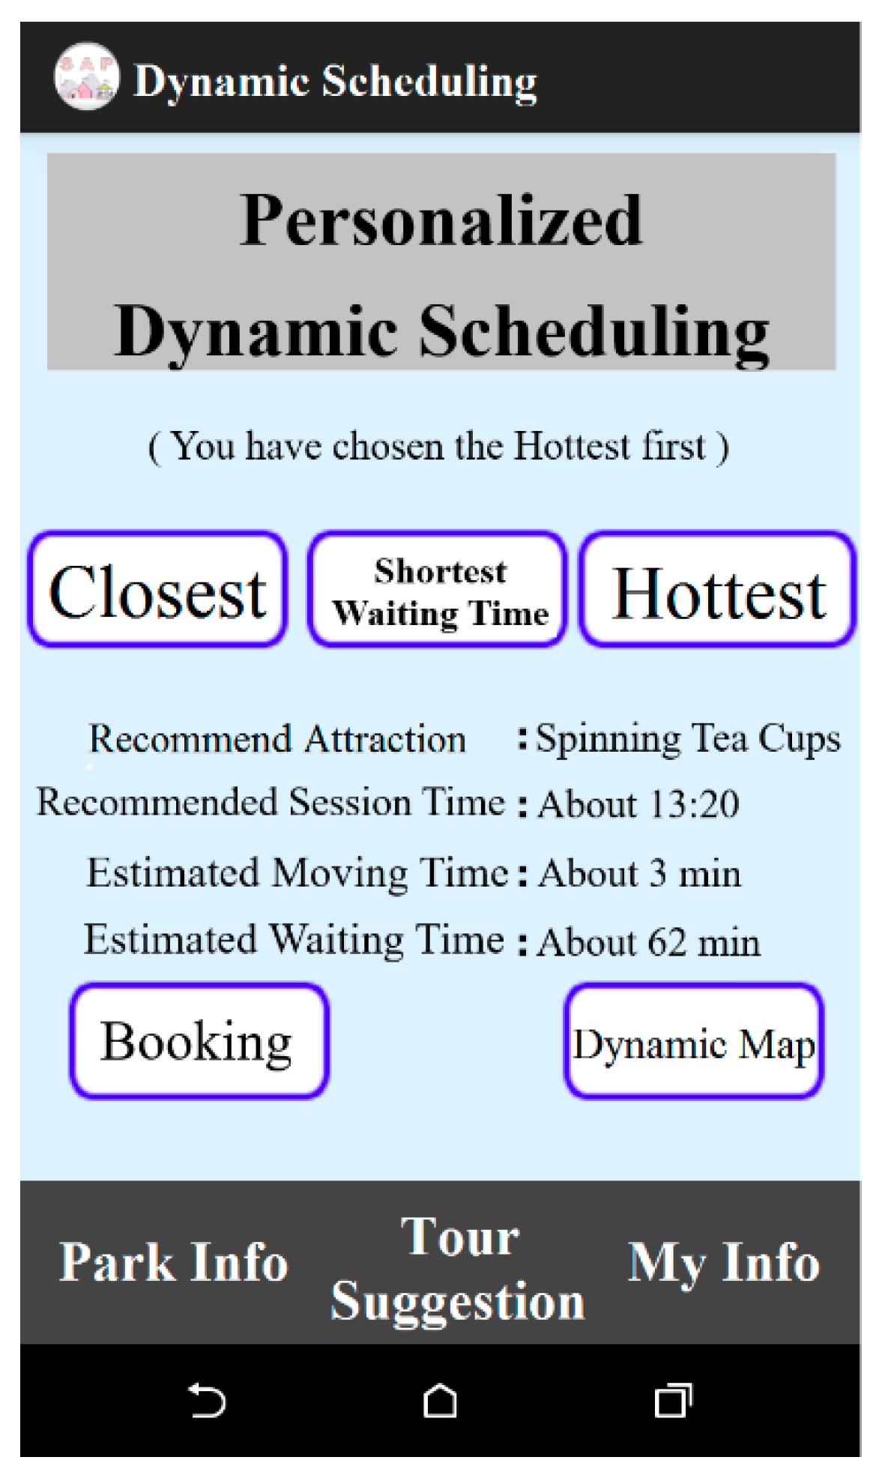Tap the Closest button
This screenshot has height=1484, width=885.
pyautogui.click(x=157, y=589)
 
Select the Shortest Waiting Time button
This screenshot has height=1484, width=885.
pyautogui.click(x=438, y=589)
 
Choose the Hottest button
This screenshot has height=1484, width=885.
pyautogui.click(x=718, y=589)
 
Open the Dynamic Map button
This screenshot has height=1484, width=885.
pyautogui.click(x=694, y=1042)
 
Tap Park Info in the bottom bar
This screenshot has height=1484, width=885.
pyautogui.click(x=174, y=1263)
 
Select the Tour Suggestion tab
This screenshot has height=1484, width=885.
pyautogui.click(x=458, y=1268)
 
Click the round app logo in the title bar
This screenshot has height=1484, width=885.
pyautogui.click(x=86, y=76)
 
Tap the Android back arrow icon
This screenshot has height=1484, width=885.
pyautogui.click(x=207, y=1400)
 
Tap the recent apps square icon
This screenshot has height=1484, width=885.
pyautogui.click(x=673, y=1400)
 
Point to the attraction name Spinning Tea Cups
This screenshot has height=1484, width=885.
pyautogui.click(x=689, y=739)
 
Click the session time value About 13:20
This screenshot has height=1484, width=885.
pyautogui.click(x=639, y=804)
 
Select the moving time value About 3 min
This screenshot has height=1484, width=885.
pyautogui.click(x=640, y=873)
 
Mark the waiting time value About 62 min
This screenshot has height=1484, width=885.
pyautogui.click(x=650, y=942)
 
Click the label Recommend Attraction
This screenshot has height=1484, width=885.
pyautogui.click(x=277, y=739)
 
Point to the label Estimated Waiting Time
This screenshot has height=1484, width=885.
pyautogui.click(x=295, y=940)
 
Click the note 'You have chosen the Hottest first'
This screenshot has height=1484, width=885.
pyautogui.click(x=439, y=447)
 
